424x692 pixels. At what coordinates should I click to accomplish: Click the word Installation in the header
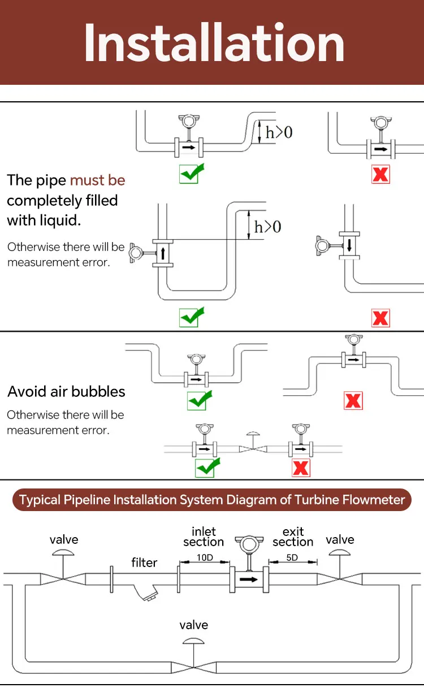[x=214, y=43]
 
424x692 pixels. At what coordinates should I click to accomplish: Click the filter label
[x=144, y=563]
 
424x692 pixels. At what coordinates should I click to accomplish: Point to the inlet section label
[x=204, y=537]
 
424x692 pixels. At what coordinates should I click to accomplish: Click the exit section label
[x=293, y=537]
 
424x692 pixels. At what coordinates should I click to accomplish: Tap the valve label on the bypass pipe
[x=193, y=625]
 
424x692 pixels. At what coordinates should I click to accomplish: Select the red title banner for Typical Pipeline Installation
[x=212, y=500]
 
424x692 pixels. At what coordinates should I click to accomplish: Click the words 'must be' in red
[x=97, y=180]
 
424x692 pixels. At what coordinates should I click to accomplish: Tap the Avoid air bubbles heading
[x=66, y=392]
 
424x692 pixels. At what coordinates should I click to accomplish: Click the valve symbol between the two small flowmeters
[x=252, y=447]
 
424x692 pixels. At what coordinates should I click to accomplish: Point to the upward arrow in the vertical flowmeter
[x=162, y=252]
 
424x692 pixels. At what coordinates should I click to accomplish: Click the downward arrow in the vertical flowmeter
[x=349, y=245]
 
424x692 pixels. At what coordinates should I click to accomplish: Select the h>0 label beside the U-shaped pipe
[x=267, y=227]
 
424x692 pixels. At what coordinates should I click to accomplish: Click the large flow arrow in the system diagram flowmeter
[x=248, y=579]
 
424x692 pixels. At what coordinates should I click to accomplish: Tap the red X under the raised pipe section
[x=353, y=401]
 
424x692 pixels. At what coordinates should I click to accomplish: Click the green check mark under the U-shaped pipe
[x=191, y=317]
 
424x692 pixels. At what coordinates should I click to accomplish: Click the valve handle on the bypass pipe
[x=194, y=641]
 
